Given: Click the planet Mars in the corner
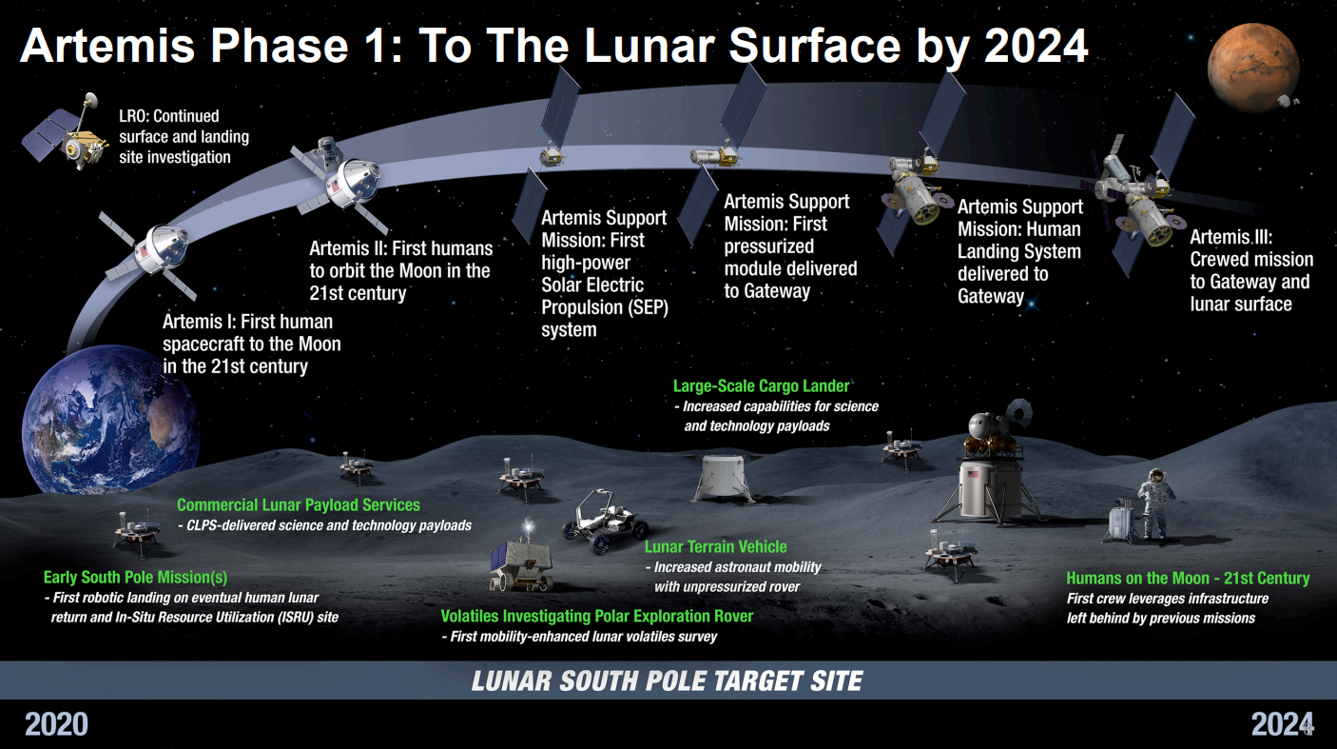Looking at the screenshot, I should [1252, 69].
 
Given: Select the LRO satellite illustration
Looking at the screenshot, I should [68, 139].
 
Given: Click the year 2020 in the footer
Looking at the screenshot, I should [56, 724].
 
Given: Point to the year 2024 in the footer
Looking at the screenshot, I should [1281, 724].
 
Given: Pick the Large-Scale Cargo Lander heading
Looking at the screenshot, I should [761, 386].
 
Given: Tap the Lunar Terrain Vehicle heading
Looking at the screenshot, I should [715, 546].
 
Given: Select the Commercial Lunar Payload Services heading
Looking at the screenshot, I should [298, 505].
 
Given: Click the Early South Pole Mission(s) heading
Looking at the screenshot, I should [135, 578].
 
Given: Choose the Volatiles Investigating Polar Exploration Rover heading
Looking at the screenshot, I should [596, 616].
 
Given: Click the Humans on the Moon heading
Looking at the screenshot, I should [1187, 578].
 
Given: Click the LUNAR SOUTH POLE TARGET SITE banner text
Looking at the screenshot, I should [668, 681].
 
